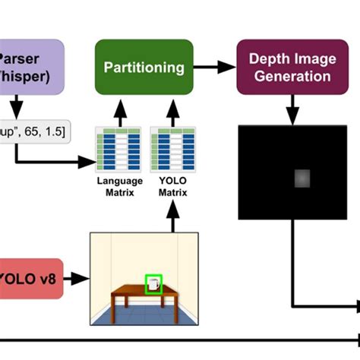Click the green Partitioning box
coord(144,68)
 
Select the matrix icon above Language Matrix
coord(119,150)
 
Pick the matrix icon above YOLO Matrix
coord(172,150)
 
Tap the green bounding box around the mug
coord(154,284)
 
